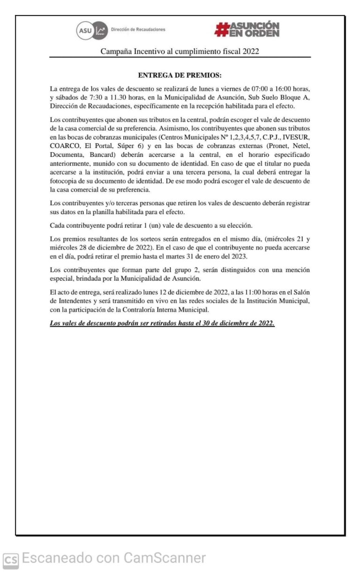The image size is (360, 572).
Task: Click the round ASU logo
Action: [85, 30]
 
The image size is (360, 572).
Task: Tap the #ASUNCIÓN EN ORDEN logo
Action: [247, 30]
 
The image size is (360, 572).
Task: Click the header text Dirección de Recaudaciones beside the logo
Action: [138, 30]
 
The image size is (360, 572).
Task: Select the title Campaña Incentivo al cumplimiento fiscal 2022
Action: [180, 52]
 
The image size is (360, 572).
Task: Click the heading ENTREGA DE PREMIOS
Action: [180, 75]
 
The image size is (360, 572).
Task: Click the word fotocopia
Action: [65, 181]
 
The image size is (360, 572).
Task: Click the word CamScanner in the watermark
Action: [165, 558]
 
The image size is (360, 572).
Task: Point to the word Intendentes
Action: [78, 301]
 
